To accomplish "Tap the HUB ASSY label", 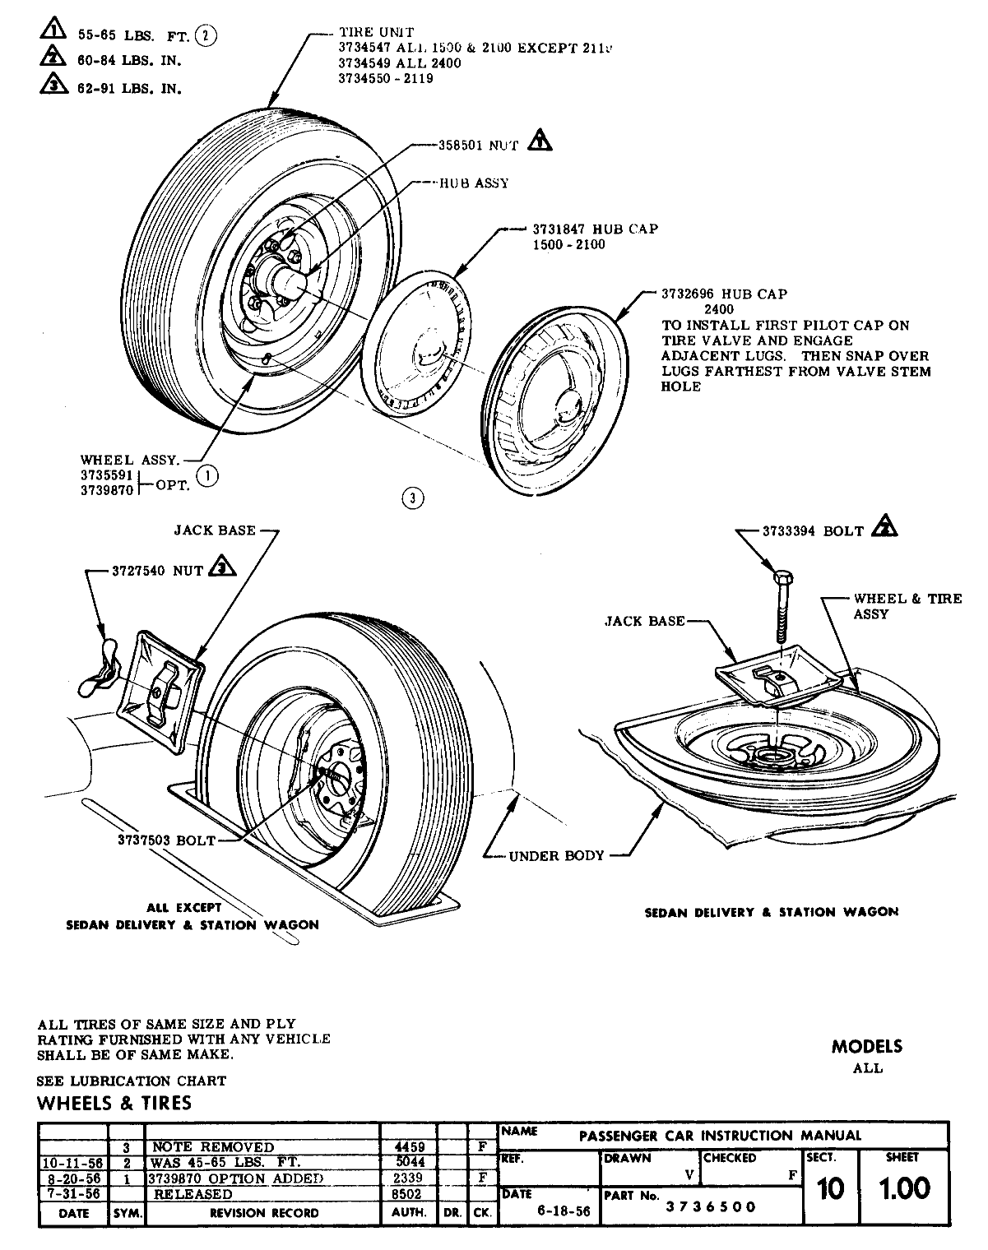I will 474,183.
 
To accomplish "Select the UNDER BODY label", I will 556,855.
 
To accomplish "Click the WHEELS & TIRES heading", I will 114,1103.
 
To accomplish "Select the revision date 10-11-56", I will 73,1162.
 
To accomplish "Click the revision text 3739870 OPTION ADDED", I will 235,1178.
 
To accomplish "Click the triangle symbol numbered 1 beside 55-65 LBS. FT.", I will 52,32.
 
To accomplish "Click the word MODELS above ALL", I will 866,1047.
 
